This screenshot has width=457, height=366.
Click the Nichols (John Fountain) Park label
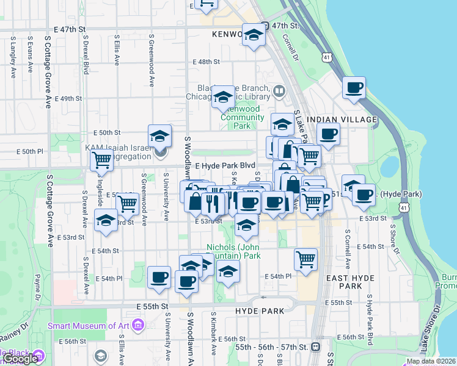(233, 251)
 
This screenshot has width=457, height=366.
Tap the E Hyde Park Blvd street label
(225, 165)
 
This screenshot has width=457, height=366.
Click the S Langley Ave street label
(13, 57)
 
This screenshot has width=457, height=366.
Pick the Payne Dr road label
(37, 285)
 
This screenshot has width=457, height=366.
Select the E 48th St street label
(206, 62)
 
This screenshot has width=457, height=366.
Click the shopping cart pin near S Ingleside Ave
(101, 160)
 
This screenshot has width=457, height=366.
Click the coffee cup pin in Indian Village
(328, 134)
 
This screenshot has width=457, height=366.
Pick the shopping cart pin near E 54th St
(305, 259)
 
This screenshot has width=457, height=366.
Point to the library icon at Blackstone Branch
(279, 91)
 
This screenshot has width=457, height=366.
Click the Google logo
(20, 359)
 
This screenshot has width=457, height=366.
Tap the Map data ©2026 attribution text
(431, 361)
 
